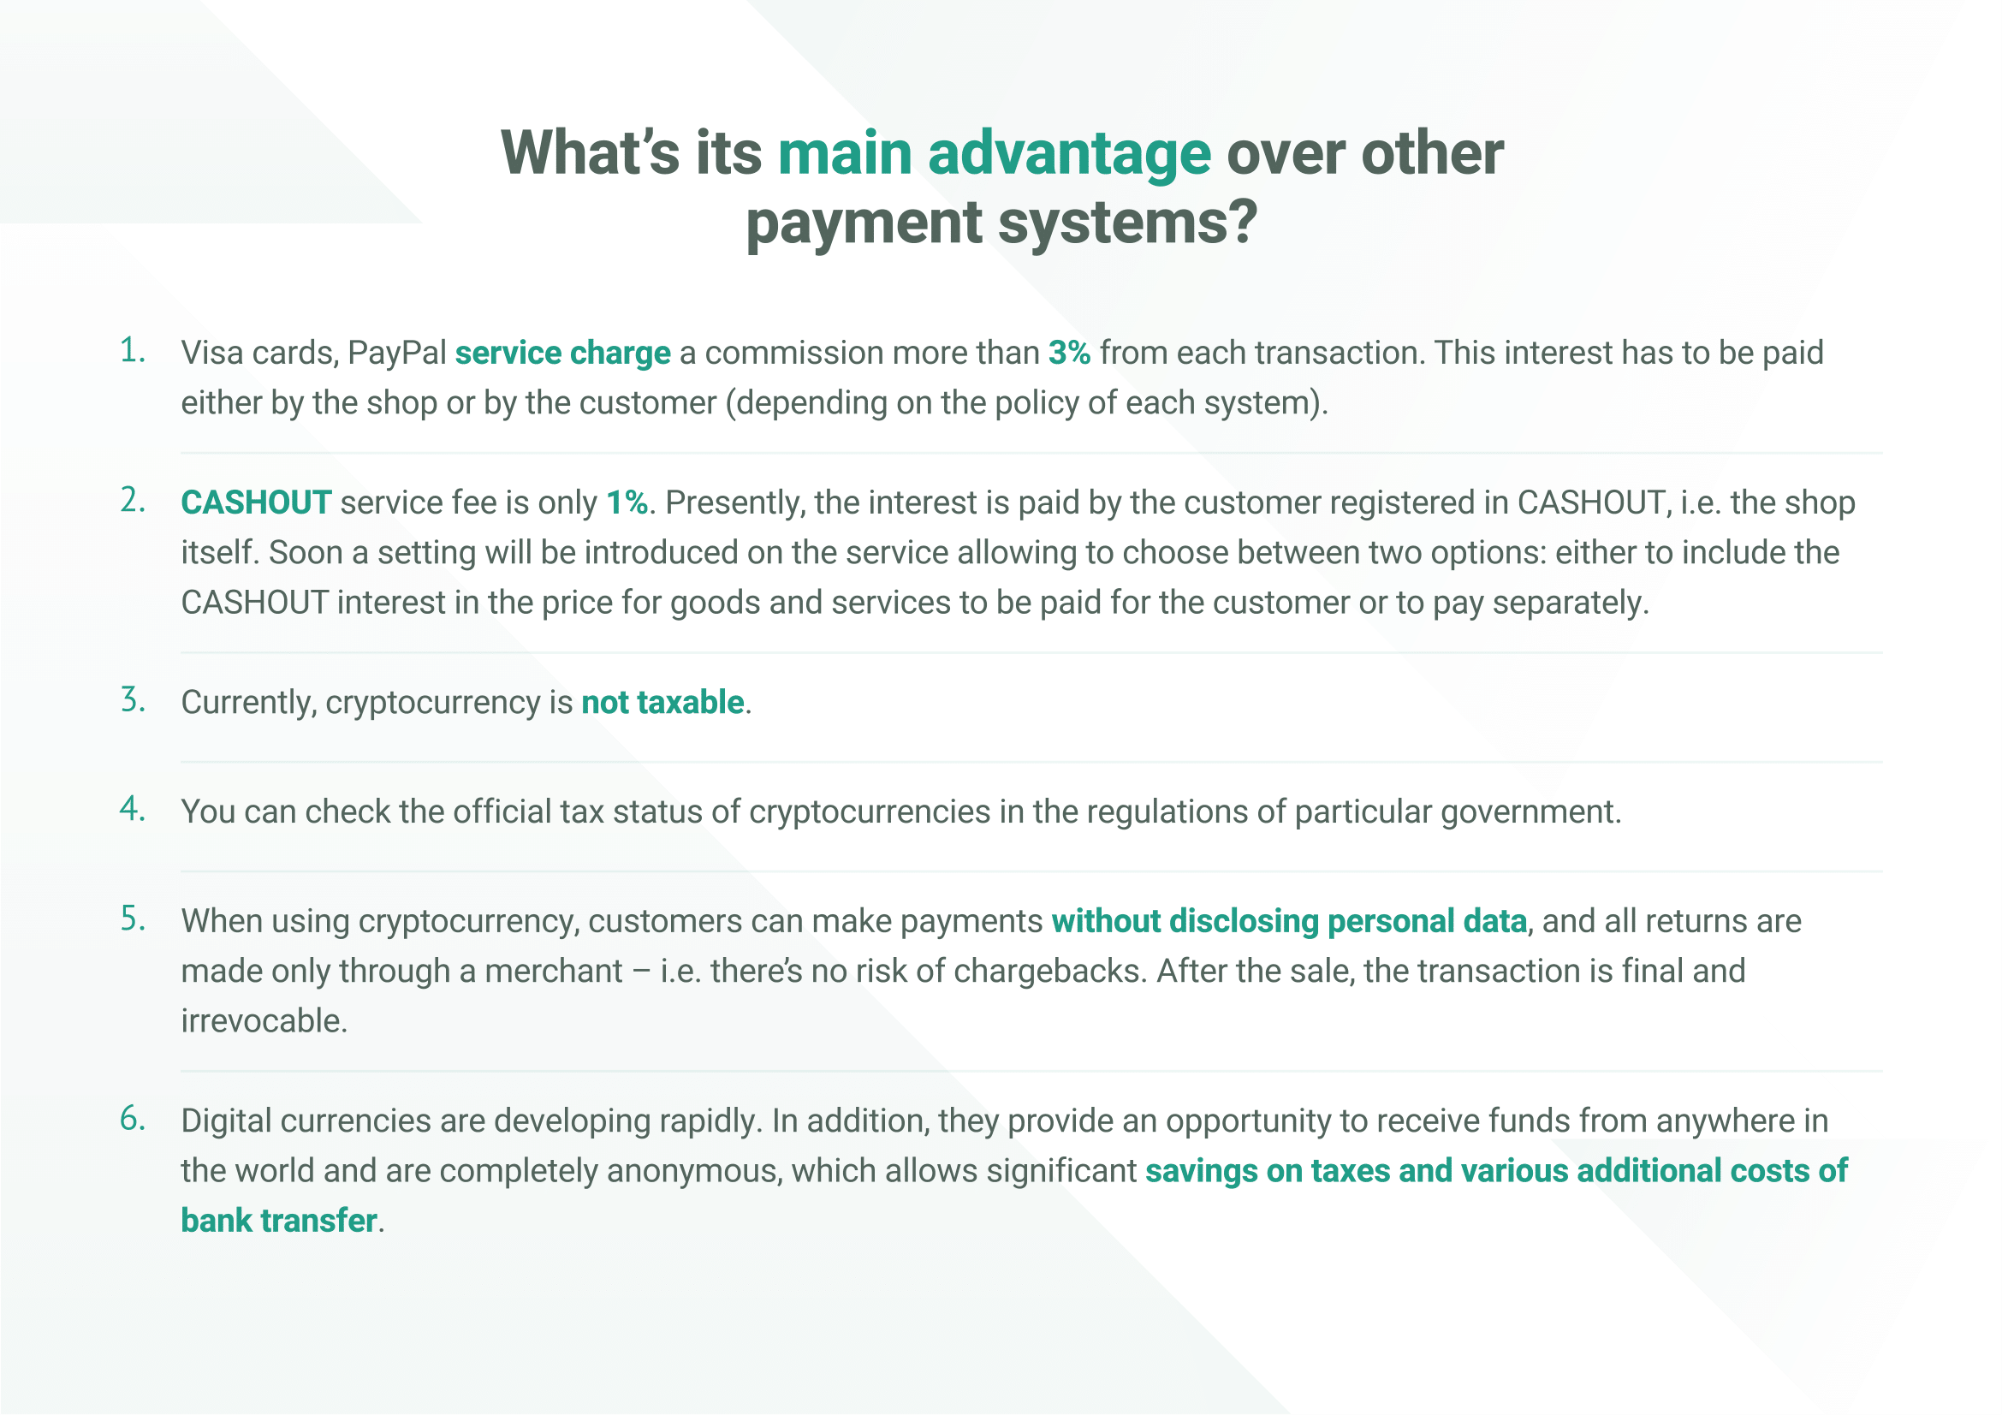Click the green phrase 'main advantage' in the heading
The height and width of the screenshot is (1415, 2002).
[994, 153]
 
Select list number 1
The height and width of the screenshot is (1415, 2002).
[133, 350]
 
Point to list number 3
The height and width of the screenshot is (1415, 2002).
[133, 700]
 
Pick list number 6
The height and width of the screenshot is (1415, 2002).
[133, 1119]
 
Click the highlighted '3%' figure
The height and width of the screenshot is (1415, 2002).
[1069, 353]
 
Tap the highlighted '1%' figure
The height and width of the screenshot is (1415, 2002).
[627, 503]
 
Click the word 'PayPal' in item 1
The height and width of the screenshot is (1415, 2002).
[397, 353]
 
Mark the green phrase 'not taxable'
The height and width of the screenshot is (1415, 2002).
[662, 703]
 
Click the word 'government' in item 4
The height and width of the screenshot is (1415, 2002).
[1530, 813]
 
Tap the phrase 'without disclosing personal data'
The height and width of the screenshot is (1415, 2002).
[1290, 923]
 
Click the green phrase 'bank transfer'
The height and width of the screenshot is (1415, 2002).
[279, 1221]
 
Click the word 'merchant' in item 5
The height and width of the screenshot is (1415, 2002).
[554, 972]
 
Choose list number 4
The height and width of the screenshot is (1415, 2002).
[133, 809]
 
